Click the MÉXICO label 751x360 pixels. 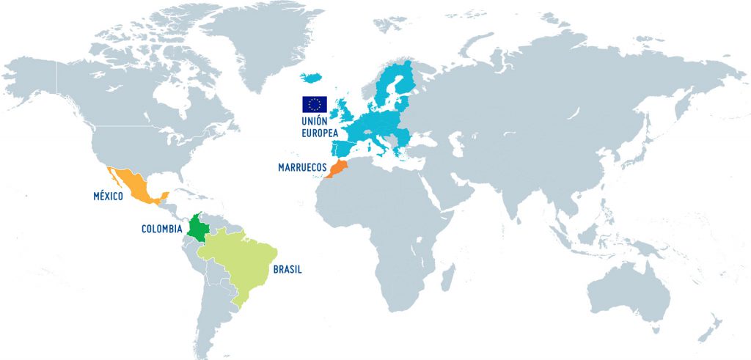point(107,196)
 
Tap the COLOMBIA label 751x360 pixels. point(162,229)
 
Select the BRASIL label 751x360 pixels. point(287,269)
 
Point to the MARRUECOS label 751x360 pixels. point(302,167)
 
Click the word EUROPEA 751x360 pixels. point(319,134)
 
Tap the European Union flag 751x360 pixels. point(315,104)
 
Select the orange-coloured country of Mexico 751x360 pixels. point(134,184)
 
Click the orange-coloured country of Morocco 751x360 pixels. point(338,169)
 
